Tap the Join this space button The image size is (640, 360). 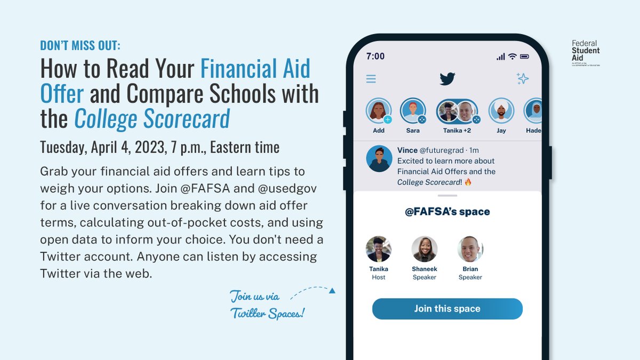[447, 309]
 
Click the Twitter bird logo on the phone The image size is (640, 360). [447, 79]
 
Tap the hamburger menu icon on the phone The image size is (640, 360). [371, 79]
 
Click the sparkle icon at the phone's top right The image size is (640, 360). [523, 79]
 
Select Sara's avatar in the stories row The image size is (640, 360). [412, 111]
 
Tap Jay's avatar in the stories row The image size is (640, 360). [501, 111]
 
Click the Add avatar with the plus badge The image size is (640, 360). [378, 111]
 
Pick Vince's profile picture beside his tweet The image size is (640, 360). [379, 159]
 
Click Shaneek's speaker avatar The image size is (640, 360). [425, 249]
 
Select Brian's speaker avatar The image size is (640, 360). [470, 249]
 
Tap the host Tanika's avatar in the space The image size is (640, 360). [379, 249]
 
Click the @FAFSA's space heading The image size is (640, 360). [447, 212]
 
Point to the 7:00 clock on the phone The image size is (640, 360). [375, 56]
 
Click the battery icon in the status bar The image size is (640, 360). [524, 57]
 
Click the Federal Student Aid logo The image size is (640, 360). [585, 54]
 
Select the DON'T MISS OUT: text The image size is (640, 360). [80, 46]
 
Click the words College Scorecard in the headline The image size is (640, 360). [151, 119]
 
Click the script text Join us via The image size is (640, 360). [254, 296]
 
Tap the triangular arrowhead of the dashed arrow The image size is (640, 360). [332, 291]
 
